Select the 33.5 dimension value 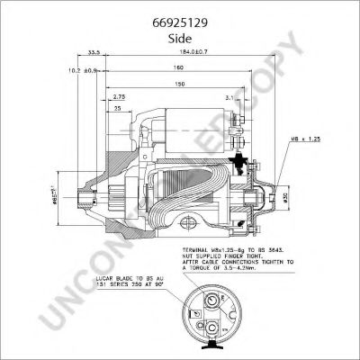[94, 51]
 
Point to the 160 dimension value [179, 68]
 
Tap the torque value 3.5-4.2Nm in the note [252, 269]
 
